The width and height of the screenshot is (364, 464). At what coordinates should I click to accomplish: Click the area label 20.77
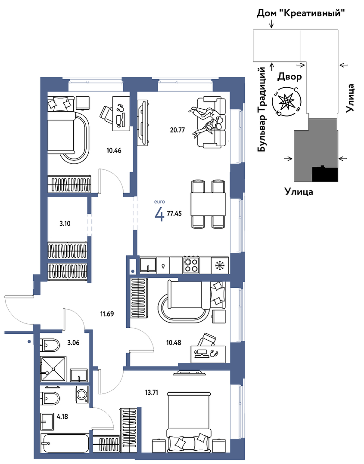click(178, 129)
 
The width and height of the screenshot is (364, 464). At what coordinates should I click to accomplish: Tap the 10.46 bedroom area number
click(114, 151)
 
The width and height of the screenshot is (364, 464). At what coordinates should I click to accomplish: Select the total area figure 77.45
click(174, 214)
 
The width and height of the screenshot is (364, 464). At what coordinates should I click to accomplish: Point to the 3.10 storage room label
click(65, 224)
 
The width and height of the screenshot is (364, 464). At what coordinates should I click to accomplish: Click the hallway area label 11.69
click(107, 314)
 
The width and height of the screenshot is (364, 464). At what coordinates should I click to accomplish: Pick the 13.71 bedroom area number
click(152, 393)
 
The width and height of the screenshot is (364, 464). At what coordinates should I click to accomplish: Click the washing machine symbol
click(82, 395)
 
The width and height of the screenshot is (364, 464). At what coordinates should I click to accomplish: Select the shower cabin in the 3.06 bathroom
click(53, 369)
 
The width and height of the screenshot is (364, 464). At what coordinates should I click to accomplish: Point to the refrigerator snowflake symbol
click(220, 265)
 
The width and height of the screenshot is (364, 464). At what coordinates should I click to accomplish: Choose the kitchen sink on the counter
click(148, 265)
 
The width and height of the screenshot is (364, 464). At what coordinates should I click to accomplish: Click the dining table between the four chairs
click(208, 205)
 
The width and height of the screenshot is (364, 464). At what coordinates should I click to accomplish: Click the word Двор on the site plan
click(289, 77)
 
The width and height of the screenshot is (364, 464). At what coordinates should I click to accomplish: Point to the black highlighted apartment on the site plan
click(325, 174)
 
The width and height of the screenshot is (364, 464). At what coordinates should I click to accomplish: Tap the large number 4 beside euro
click(159, 214)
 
